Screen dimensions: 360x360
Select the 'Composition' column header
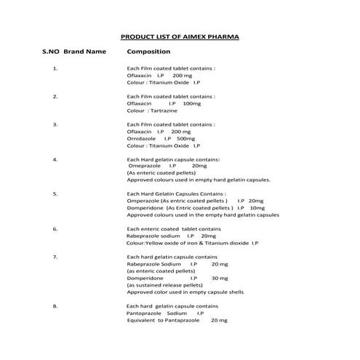click(x=148, y=52)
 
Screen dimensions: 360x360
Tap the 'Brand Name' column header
click(x=85, y=52)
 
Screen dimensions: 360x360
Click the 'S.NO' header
click(x=51, y=52)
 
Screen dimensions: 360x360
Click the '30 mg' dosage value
click(x=219, y=278)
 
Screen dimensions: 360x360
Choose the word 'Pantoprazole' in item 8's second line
click(x=144, y=313)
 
